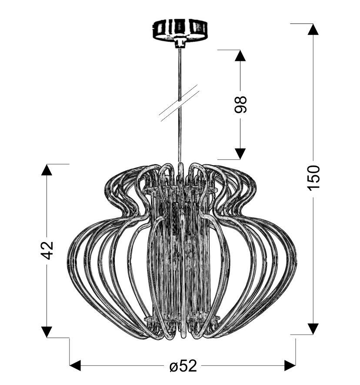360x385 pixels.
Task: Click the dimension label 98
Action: pos(240,104)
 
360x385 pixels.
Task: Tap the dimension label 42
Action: pos(47,250)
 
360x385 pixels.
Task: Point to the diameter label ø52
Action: pos(183,366)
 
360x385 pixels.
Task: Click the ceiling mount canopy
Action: pos(180,30)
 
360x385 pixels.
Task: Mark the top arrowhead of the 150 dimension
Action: pos(313,29)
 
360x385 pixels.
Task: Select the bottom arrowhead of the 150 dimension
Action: pos(313,329)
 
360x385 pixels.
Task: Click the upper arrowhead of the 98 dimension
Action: pos(240,56)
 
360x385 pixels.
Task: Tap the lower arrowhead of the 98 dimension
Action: pos(240,154)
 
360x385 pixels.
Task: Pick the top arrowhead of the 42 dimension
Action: pos(47,169)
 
